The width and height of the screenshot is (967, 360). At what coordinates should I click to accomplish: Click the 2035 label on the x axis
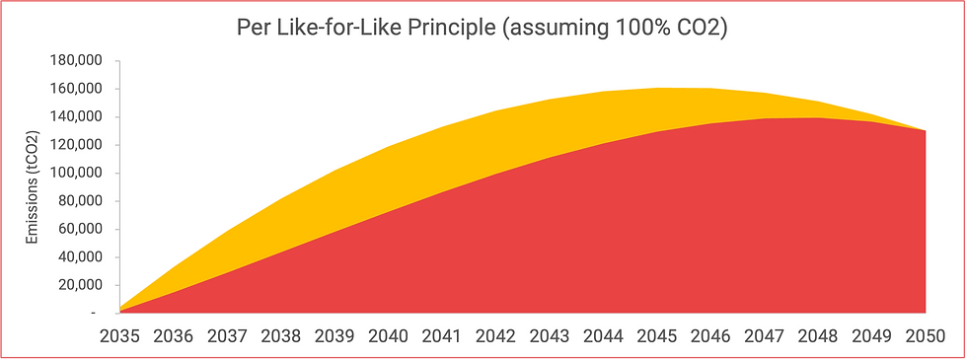[x=119, y=335]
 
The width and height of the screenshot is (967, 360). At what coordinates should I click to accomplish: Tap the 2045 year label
[x=657, y=335]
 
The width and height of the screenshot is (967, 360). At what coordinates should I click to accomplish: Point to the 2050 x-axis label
[x=926, y=335]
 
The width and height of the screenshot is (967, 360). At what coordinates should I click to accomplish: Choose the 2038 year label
[x=281, y=335]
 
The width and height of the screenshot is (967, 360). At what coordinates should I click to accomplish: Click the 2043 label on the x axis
[x=550, y=335]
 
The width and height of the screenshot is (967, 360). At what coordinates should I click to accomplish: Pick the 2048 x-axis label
[x=818, y=335]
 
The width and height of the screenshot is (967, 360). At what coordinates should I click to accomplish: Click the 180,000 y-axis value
[x=75, y=60]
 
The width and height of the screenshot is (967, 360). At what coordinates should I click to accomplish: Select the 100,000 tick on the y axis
[x=75, y=173]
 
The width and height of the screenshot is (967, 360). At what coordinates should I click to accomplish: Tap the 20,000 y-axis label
[x=79, y=285]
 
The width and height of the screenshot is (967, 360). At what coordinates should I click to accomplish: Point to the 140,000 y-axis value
[x=75, y=116]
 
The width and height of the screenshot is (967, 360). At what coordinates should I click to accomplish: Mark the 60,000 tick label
[x=79, y=229]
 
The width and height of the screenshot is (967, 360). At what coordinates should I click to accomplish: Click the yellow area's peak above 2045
[x=657, y=89]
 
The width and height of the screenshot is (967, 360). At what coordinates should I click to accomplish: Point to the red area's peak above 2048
[x=818, y=118]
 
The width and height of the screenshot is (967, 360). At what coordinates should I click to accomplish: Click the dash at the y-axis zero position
[x=93, y=314]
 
